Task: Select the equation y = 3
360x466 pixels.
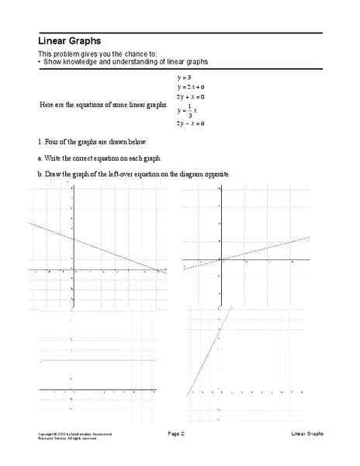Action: [x=183, y=78]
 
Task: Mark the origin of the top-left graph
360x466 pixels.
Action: [x=72, y=270]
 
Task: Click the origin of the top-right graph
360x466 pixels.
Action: [x=221, y=259]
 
